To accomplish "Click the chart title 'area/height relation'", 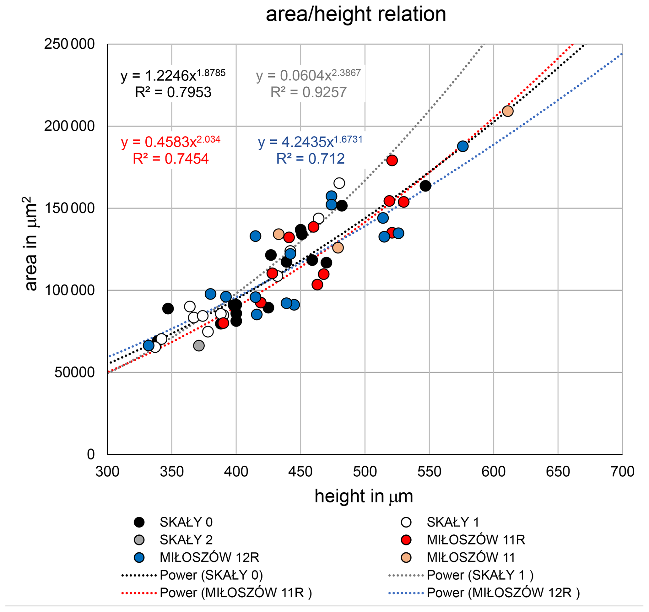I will pos(355,14).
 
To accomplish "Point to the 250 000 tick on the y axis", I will pos(69,44).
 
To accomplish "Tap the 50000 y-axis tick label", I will pos(74,372).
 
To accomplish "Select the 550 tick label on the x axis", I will pos(429,472).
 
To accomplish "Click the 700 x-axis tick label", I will pos(622,472).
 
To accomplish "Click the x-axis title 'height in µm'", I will pos(364,496).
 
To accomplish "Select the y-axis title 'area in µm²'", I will pos(31,243).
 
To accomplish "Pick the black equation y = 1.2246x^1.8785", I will pos(173,75).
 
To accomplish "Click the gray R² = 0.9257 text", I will pos(308,92).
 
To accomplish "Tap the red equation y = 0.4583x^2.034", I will pos(170,142).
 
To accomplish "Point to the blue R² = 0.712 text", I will pos(310,159).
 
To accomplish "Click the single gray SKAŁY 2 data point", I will pos(199,346).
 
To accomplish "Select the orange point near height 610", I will pos(508,111).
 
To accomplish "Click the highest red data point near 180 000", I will pos(392,160).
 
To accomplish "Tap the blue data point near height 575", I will pos(462,146).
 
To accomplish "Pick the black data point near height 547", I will pos(425,186).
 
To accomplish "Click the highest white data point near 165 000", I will pos(339,183).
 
